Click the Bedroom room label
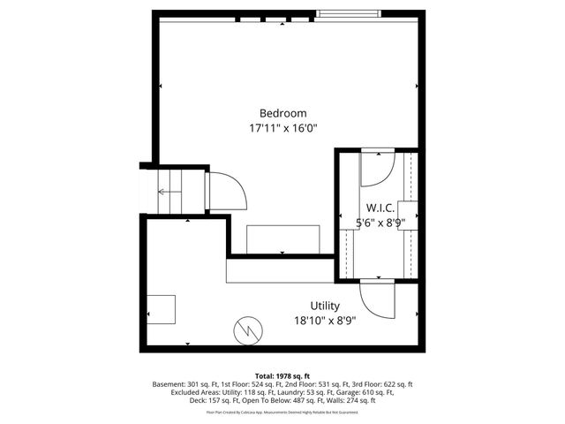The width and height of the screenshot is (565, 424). [282, 113]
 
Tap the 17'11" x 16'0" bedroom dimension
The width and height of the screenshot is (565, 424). [282, 129]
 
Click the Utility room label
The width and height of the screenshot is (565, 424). [300, 306]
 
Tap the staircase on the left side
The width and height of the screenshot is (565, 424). [168, 191]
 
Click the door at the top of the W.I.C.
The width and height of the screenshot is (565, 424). [380, 168]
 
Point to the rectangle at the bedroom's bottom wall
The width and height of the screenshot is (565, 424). [282, 239]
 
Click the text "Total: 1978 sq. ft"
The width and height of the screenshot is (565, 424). [282, 376]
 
